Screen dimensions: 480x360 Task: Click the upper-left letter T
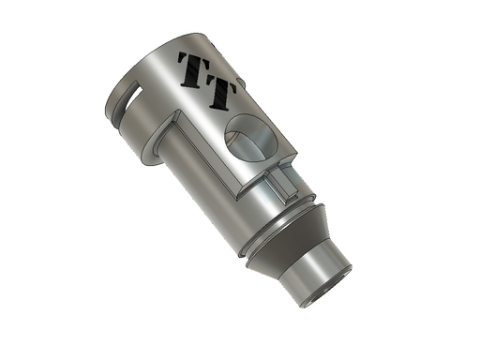tap(193, 69)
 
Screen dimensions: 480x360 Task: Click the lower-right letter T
tap(221, 94)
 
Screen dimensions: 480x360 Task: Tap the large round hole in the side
tap(251, 138)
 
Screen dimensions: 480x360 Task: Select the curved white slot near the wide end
tap(133, 97)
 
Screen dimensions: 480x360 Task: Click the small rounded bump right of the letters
tap(241, 83)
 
